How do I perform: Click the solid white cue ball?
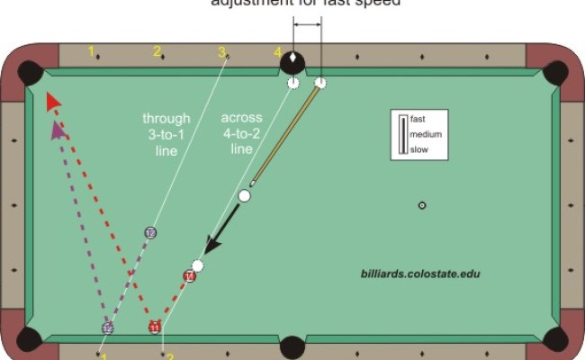(x=244, y=195)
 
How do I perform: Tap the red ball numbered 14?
(x=189, y=276)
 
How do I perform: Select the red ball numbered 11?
(x=154, y=327)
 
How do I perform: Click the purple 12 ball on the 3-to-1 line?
(x=150, y=233)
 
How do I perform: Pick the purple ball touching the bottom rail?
(x=107, y=328)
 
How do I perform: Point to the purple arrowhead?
(x=60, y=131)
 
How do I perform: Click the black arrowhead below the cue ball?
(x=211, y=245)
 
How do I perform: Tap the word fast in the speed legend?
(x=418, y=119)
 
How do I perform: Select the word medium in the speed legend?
(x=425, y=134)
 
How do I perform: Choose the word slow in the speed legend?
(x=418, y=149)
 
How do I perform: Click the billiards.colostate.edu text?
(x=416, y=271)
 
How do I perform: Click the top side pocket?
(x=292, y=62)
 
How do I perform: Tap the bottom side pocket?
(x=293, y=346)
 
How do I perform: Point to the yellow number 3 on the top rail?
(x=221, y=52)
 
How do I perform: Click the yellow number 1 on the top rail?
(x=92, y=51)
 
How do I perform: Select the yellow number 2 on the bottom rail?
(x=169, y=355)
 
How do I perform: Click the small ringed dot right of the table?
(x=422, y=206)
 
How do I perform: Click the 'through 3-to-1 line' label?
(x=166, y=134)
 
